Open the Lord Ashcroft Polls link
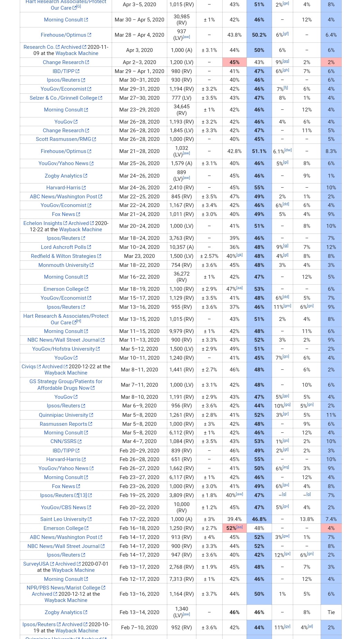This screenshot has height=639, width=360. tap(63, 247)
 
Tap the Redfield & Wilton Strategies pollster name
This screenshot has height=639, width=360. tap(63, 256)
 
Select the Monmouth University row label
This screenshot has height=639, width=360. tap(63, 265)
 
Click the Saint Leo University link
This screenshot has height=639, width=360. tap(63, 519)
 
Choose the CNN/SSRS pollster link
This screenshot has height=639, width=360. tap(63, 441)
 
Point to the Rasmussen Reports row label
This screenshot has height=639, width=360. tap(63, 424)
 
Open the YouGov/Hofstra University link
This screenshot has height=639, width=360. tap(63, 349)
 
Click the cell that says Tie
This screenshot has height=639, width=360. tap(331, 612)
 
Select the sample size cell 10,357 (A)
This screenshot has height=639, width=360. tap(181, 247)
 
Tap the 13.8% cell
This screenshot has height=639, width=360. tap(307, 519)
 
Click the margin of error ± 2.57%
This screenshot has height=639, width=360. tap(209, 256)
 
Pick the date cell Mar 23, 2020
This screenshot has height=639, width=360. tap(139, 256)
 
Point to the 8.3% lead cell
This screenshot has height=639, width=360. tap(331, 151)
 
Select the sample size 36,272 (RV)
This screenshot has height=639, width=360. tap(181, 277)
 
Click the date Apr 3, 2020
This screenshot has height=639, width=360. tap(139, 50)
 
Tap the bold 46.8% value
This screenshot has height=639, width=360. tap(259, 519)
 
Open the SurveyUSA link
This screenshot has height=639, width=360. tap(36, 564)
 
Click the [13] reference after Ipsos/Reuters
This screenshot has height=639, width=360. tap(83, 495)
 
